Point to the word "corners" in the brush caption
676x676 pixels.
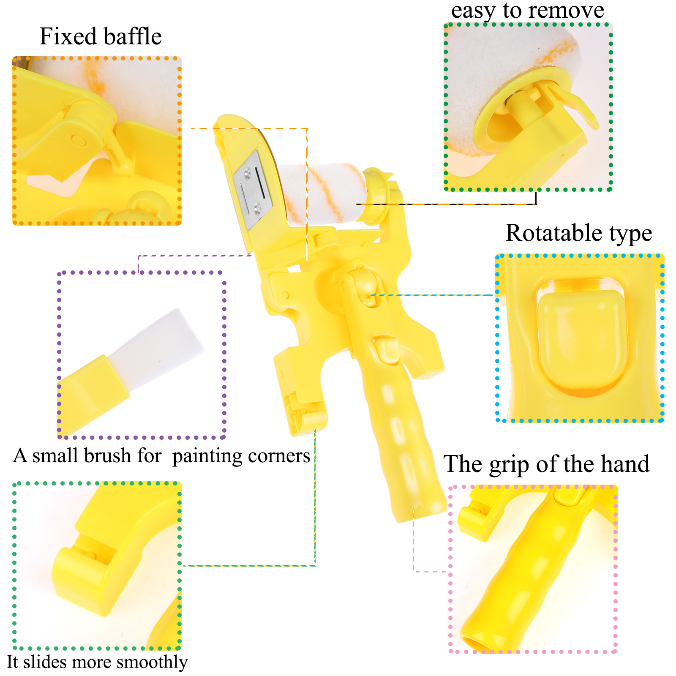(279, 456)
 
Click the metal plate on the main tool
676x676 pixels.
(253, 190)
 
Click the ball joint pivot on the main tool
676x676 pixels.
(359, 283)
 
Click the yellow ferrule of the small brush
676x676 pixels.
(93, 391)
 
